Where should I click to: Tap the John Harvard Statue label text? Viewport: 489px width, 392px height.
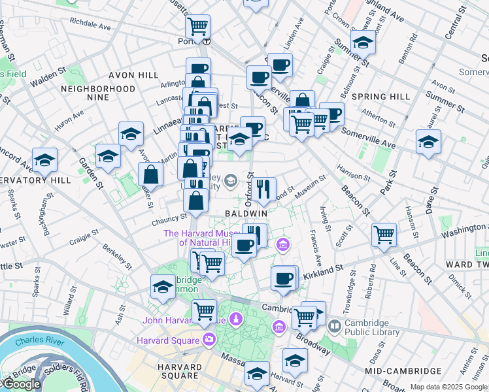(184, 321)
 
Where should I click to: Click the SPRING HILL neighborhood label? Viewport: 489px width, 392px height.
(380, 97)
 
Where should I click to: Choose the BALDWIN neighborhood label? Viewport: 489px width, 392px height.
(246, 214)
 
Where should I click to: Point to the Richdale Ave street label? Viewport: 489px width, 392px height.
(90, 25)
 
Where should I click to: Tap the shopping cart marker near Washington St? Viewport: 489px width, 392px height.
(384, 234)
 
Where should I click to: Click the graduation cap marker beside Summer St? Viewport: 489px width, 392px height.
(362, 42)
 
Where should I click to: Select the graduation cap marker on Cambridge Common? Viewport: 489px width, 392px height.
(163, 286)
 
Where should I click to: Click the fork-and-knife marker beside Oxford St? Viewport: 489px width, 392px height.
(264, 189)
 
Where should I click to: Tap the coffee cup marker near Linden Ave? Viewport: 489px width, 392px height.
(280, 65)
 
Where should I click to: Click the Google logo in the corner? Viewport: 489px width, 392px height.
(22, 384)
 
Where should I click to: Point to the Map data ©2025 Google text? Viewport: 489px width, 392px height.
(448, 387)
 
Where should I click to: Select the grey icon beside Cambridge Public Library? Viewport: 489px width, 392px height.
(335, 325)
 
